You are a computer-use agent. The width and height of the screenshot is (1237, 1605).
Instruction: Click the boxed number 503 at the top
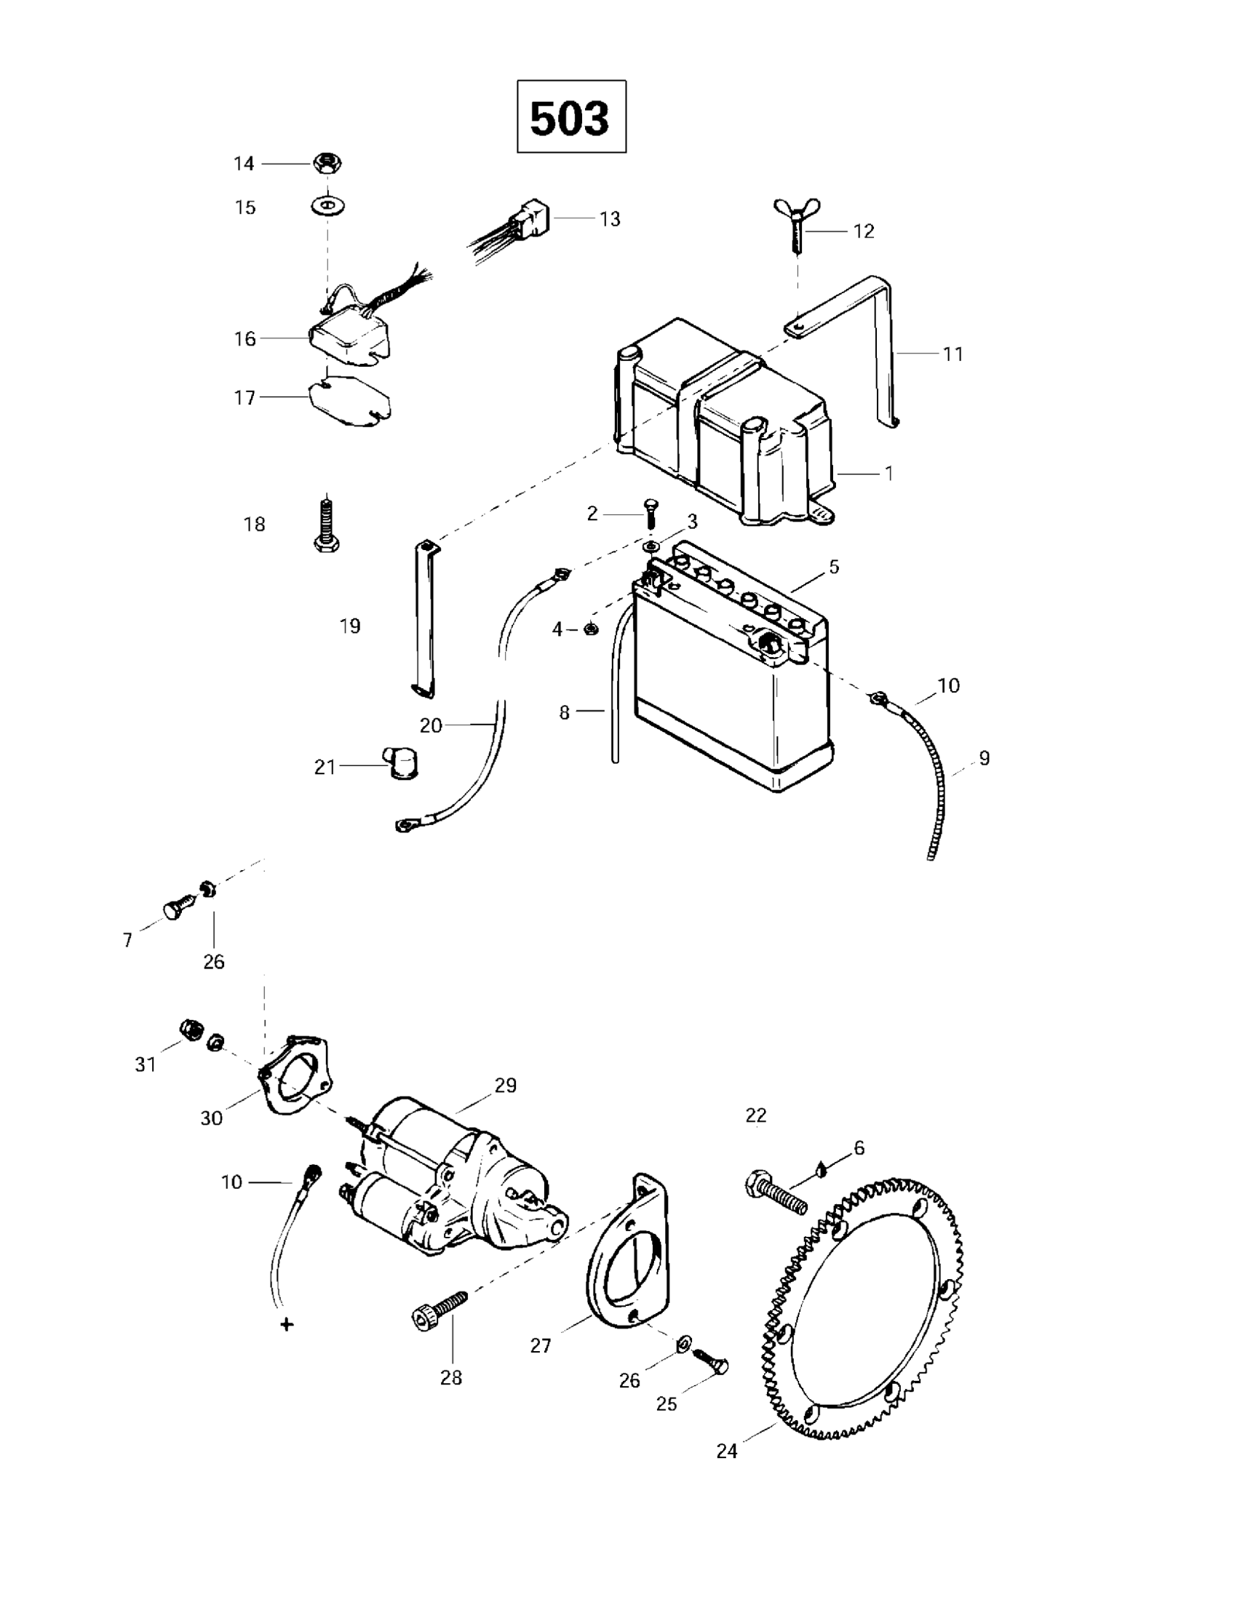click(x=570, y=117)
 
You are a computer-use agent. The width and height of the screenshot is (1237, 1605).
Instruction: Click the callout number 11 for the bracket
click(x=952, y=354)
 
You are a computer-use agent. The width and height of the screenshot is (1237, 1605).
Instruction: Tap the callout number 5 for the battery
click(x=833, y=567)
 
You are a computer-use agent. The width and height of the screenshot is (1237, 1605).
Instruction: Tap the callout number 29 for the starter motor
click(x=506, y=1085)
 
